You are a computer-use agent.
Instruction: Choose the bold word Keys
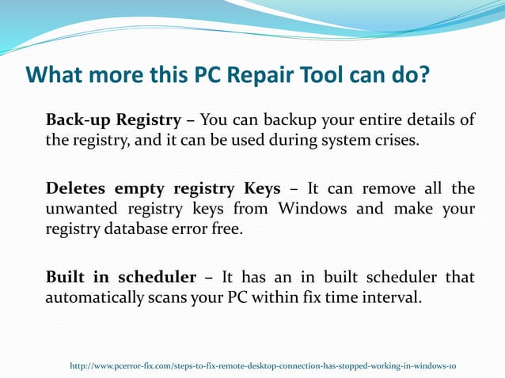pyautogui.click(x=258, y=189)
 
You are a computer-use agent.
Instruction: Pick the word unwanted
pyautogui.click(x=79, y=210)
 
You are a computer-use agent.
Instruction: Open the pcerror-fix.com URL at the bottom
pyautogui.click(x=263, y=366)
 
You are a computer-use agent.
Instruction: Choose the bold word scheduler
pyautogui.click(x=158, y=278)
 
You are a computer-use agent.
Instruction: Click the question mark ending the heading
pyautogui.click(x=423, y=75)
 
